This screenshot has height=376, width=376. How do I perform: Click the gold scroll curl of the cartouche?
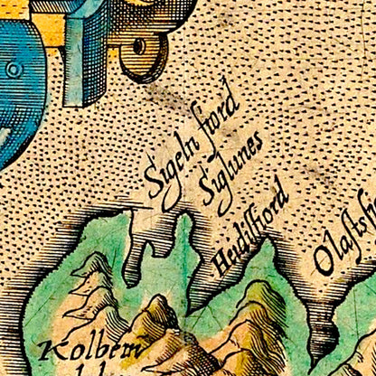[140, 54]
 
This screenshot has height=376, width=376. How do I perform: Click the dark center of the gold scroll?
[137, 45]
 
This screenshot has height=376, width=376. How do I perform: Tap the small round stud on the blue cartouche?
[14, 70]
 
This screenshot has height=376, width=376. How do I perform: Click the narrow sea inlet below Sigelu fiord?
[136, 253]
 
